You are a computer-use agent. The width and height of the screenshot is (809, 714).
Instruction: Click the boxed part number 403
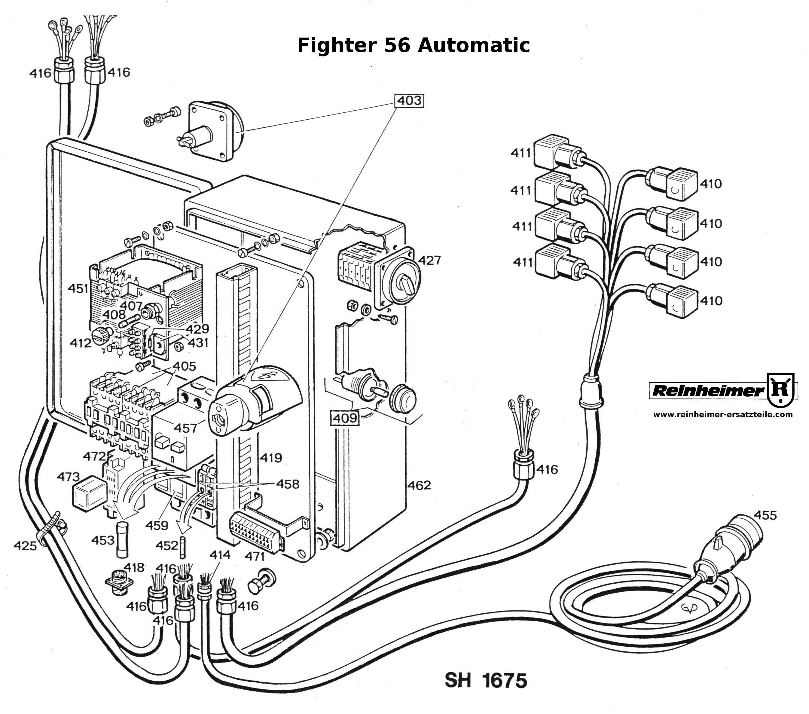pos(409,101)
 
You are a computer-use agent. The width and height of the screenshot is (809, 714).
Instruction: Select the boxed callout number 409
pos(345,418)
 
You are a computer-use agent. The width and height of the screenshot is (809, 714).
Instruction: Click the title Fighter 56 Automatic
pos(413,45)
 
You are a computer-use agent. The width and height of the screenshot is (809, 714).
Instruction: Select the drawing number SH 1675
pos(486,680)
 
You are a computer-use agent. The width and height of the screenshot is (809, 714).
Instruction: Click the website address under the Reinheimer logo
pos(723,414)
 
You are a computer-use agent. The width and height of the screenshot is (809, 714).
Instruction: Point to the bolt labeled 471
pos(261,581)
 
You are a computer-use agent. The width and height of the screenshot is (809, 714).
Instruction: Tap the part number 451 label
pos(78,288)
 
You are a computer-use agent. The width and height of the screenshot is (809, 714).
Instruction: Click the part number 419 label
pos(271,458)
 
